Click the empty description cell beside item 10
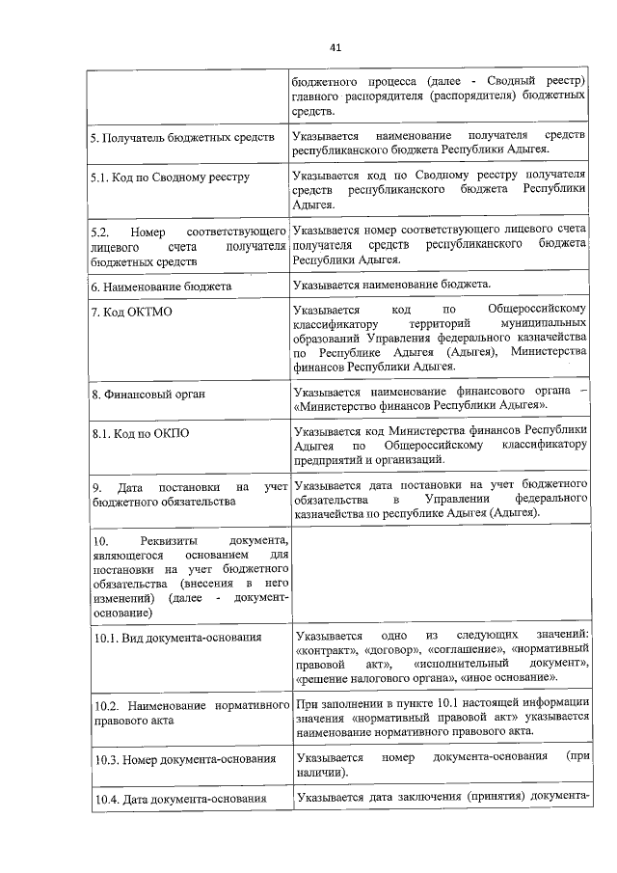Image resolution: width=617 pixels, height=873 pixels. [x=442, y=574]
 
